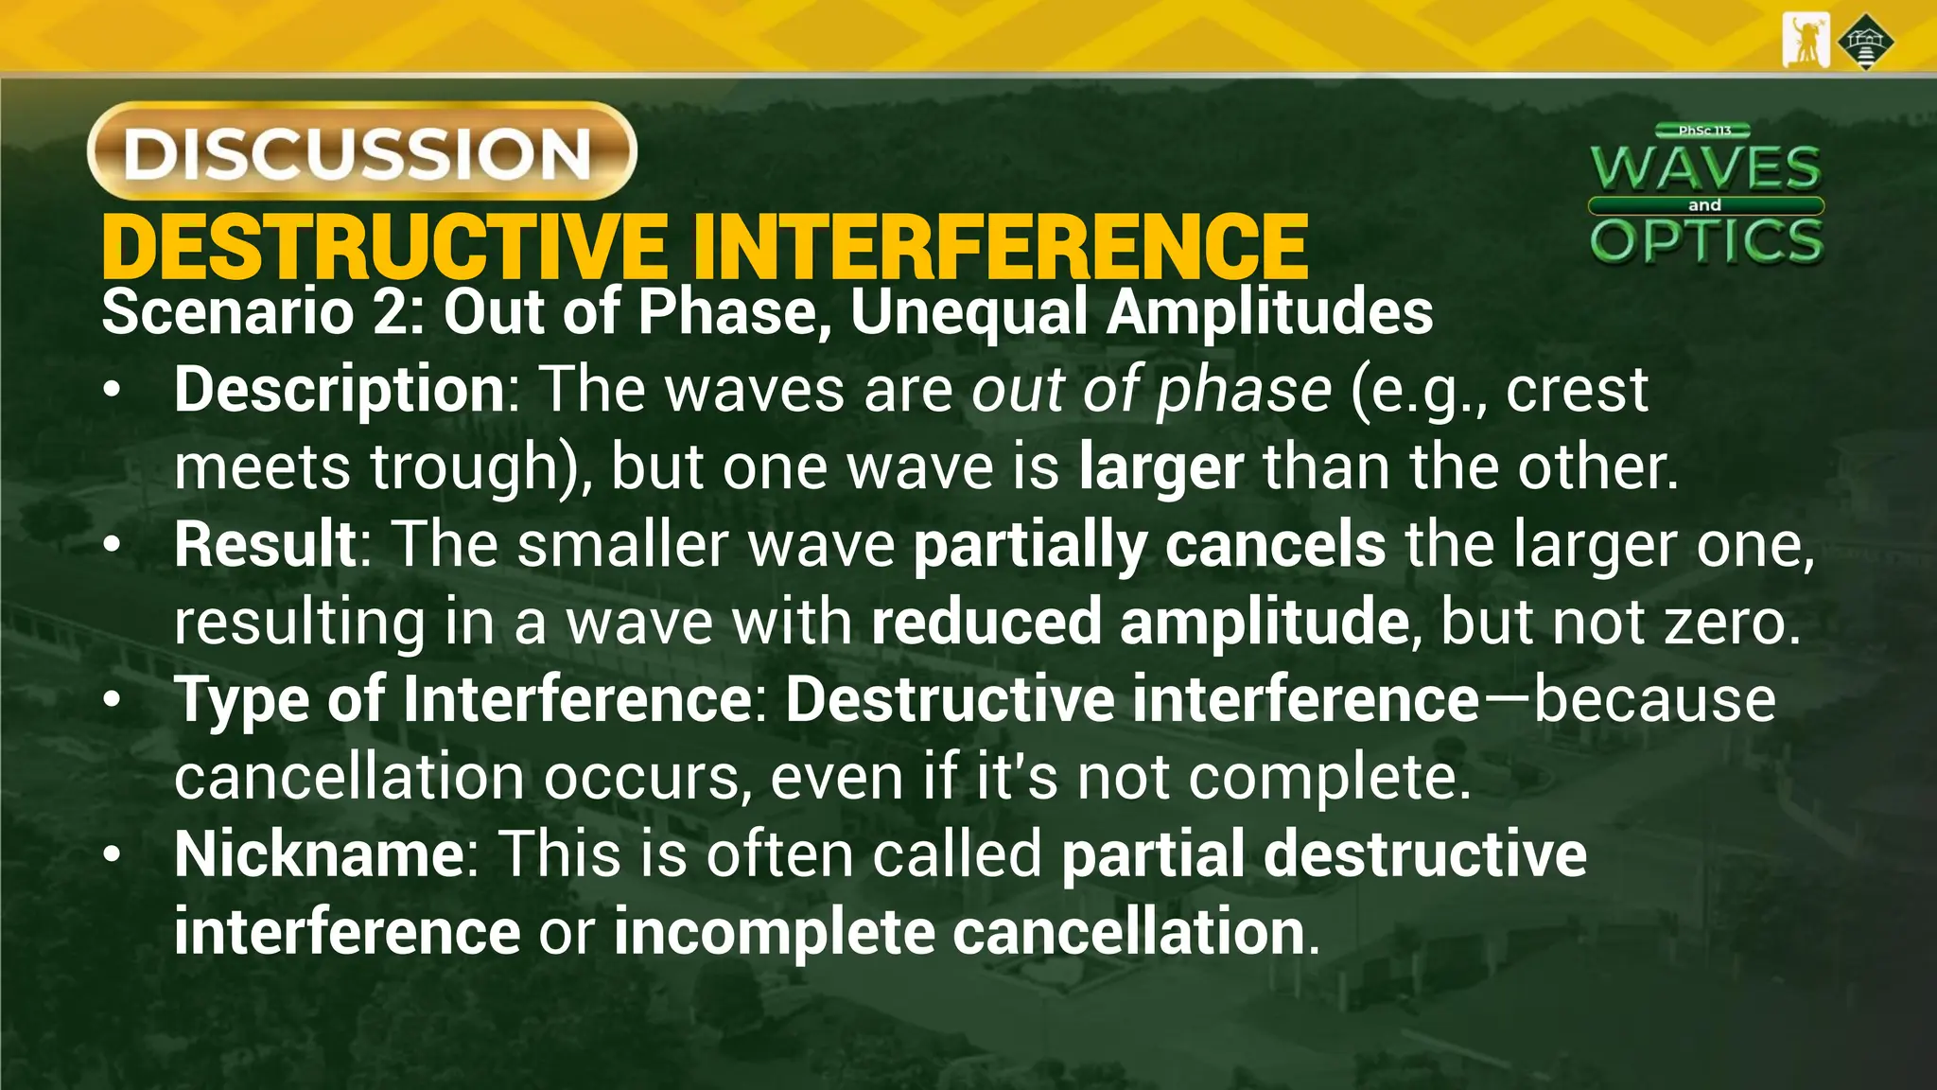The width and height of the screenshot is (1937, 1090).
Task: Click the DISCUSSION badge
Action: tap(361, 151)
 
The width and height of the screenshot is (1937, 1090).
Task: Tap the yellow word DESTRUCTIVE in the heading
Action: tap(383, 248)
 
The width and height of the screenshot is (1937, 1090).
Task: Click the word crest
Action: tap(1576, 389)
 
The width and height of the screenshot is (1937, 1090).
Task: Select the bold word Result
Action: tap(265, 545)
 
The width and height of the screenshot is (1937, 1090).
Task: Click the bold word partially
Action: tap(1029, 546)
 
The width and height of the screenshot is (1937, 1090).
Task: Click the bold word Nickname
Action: tap(319, 854)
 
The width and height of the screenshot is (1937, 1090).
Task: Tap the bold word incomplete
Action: tap(774, 932)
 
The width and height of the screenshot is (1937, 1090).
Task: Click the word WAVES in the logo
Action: tap(1705, 168)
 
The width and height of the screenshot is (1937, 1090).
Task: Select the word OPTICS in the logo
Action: tap(1706, 240)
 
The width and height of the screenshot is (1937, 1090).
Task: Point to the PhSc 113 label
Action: tap(1704, 130)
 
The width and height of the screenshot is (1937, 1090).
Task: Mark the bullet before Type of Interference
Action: tap(113, 700)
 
